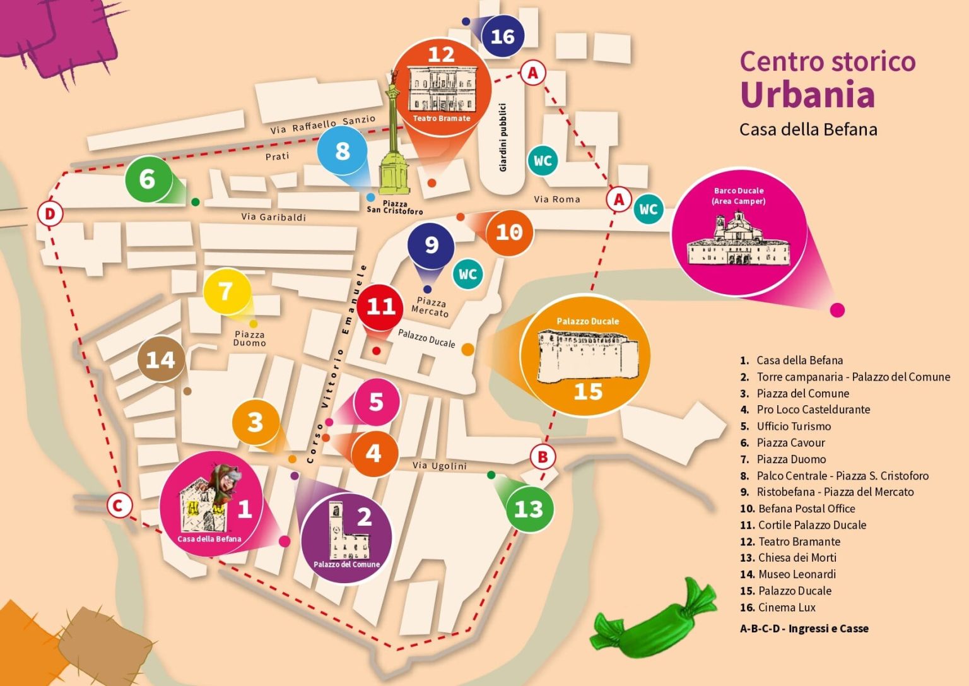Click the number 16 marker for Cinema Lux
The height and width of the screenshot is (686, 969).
tap(503, 37)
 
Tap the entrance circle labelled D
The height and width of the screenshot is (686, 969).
tap(49, 214)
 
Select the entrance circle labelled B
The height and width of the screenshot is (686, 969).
tap(543, 456)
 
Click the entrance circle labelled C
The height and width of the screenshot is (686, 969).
tap(118, 506)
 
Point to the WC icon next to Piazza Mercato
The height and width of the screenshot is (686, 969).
tap(467, 274)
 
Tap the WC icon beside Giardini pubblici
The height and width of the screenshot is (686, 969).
tap(543, 161)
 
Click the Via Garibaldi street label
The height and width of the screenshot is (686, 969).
tap(273, 217)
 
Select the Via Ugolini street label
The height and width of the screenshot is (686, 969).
tap(440, 466)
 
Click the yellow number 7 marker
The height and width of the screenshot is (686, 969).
tap(225, 292)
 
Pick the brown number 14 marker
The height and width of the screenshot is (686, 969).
tap(160, 360)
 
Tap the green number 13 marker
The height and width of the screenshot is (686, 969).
tap(529, 509)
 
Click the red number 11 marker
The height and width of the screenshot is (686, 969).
tap(381, 307)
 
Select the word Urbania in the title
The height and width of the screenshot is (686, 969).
tap(807, 95)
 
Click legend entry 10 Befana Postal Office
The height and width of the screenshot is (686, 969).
tap(799, 509)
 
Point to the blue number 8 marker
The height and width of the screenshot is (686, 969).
tap(343, 151)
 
